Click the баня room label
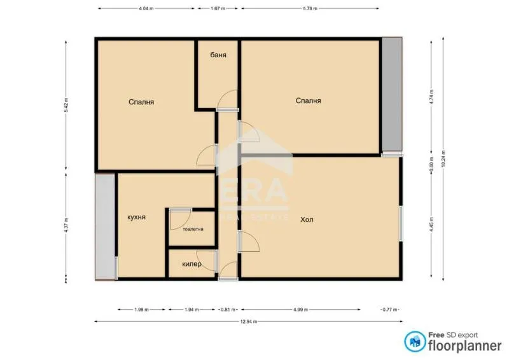pyautogui.click(x=218, y=55)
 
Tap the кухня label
pyautogui.click(x=136, y=217)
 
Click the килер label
pyautogui.click(x=192, y=264)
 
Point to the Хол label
pyautogui.click(x=307, y=219)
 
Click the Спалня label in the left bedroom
pyautogui.click(x=141, y=102)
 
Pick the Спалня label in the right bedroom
pyautogui.click(x=308, y=100)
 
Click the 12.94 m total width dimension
pyautogui.click(x=248, y=322)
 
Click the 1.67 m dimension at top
pyautogui.click(x=218, y=9)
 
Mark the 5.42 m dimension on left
pyautogui.click(x=66, y=105)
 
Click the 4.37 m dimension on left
pyautogui.click(x=66, y=226)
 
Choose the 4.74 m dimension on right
pyautogui.click(x=431, y=95)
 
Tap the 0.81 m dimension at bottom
pyautogui.click(x=226, y=310)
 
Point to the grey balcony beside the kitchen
pyautogui.click(x=105, y=226)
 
